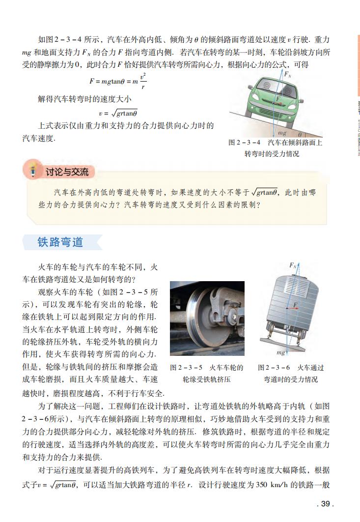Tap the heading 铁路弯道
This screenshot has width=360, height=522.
(60, 242)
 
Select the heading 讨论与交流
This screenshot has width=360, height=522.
(74, 172)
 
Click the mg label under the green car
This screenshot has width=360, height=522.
(282, 133)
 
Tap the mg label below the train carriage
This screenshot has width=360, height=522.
(281, 353)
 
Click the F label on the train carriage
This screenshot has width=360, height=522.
(296, 305)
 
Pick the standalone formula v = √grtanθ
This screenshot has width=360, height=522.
(118, 113)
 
